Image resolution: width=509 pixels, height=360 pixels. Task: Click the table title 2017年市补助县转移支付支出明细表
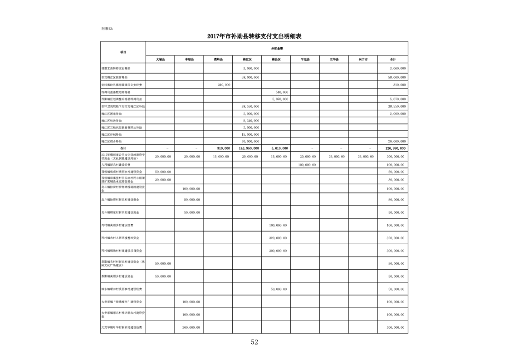(254, 36)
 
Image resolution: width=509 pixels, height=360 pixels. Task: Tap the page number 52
(254, 342)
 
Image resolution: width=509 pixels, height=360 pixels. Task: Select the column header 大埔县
(160, 59)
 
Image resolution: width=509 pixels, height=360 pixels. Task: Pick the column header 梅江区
(247, 59)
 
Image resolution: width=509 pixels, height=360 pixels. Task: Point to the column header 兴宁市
(362, 59)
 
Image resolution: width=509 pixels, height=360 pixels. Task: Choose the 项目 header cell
(123, 52)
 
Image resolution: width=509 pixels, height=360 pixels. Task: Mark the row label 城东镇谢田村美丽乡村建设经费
(122, 289)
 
